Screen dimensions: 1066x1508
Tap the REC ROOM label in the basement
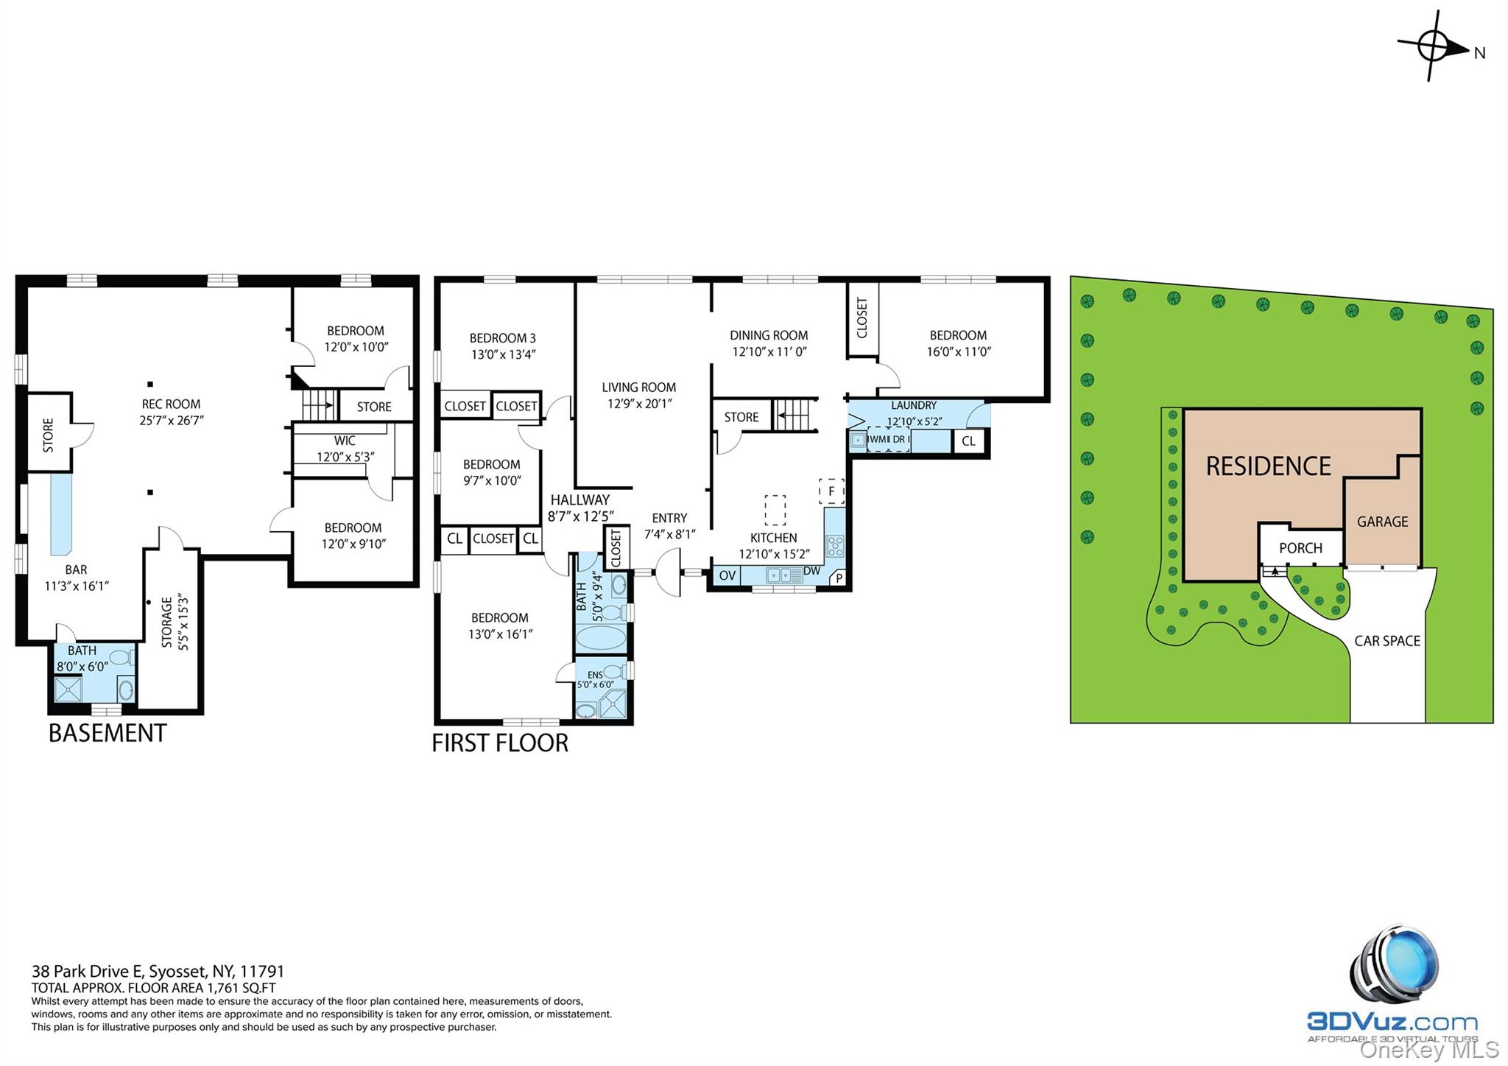pos(171,404)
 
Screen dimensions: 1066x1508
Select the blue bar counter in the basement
pos(60,514)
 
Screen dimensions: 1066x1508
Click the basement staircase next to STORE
pos(319,405)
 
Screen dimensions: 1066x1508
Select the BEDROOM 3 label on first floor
pos(503,338)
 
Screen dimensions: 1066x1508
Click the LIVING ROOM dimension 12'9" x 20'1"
pos(639,404)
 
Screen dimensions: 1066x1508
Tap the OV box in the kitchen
pos(727,575)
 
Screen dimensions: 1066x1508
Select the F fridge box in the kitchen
pos(831,491)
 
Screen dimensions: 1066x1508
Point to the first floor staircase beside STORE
pos(794,415)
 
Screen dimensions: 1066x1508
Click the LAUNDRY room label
pos(914,405)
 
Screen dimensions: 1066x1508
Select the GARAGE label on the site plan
pos(1382,522)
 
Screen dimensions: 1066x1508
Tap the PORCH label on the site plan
pos(1300,548)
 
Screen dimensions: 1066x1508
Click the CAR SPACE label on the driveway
pos(1387,641)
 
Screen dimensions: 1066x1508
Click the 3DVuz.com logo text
pos(1392,1022)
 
